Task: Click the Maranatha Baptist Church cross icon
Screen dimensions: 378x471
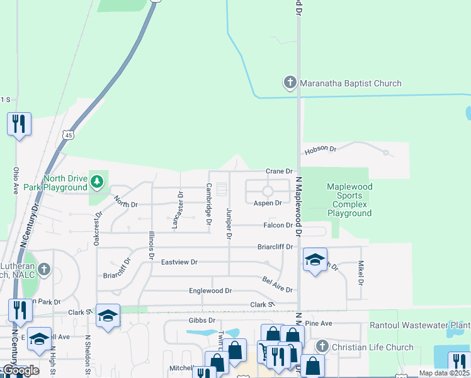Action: click(x=290, y=83)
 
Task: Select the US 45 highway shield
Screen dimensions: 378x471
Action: click(x=67, y=135)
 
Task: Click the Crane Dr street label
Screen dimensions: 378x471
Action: click(x=280, y=171)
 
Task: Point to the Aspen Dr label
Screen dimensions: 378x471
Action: click(x=268, y=203)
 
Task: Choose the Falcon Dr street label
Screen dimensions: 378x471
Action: click(x=279, y=225)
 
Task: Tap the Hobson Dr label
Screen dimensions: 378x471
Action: click(x=321, y=150)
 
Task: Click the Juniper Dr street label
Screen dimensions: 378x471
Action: click(x=229, y=224)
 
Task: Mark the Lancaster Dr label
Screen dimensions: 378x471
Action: click(x=180, y=210)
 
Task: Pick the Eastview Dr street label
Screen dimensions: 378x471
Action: click(x=179, y=262)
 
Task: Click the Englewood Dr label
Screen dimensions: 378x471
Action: click(x=210, y=291)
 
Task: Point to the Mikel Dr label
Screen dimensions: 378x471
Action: click(x=361, y=273)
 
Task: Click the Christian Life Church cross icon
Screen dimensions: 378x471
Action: click(x=322, y=346)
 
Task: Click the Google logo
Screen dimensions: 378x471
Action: click(x=21, y=370)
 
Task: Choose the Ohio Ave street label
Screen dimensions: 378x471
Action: click(x=16, y=180)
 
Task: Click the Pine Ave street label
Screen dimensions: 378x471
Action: click(x=318, y=323)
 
